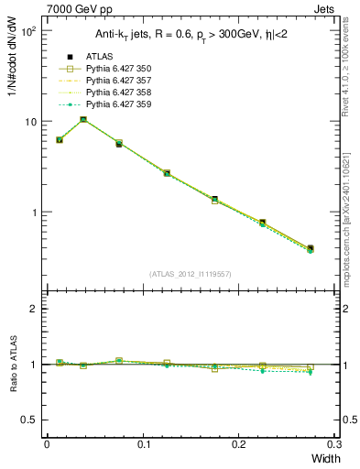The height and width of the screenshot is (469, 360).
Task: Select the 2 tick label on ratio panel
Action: [x=34, y=309]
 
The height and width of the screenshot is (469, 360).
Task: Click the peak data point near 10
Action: [x=83, y=119]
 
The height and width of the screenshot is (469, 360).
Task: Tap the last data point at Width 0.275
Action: [x=310, y=248]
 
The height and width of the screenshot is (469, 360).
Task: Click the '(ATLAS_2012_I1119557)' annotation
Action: [x=190, y=273]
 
